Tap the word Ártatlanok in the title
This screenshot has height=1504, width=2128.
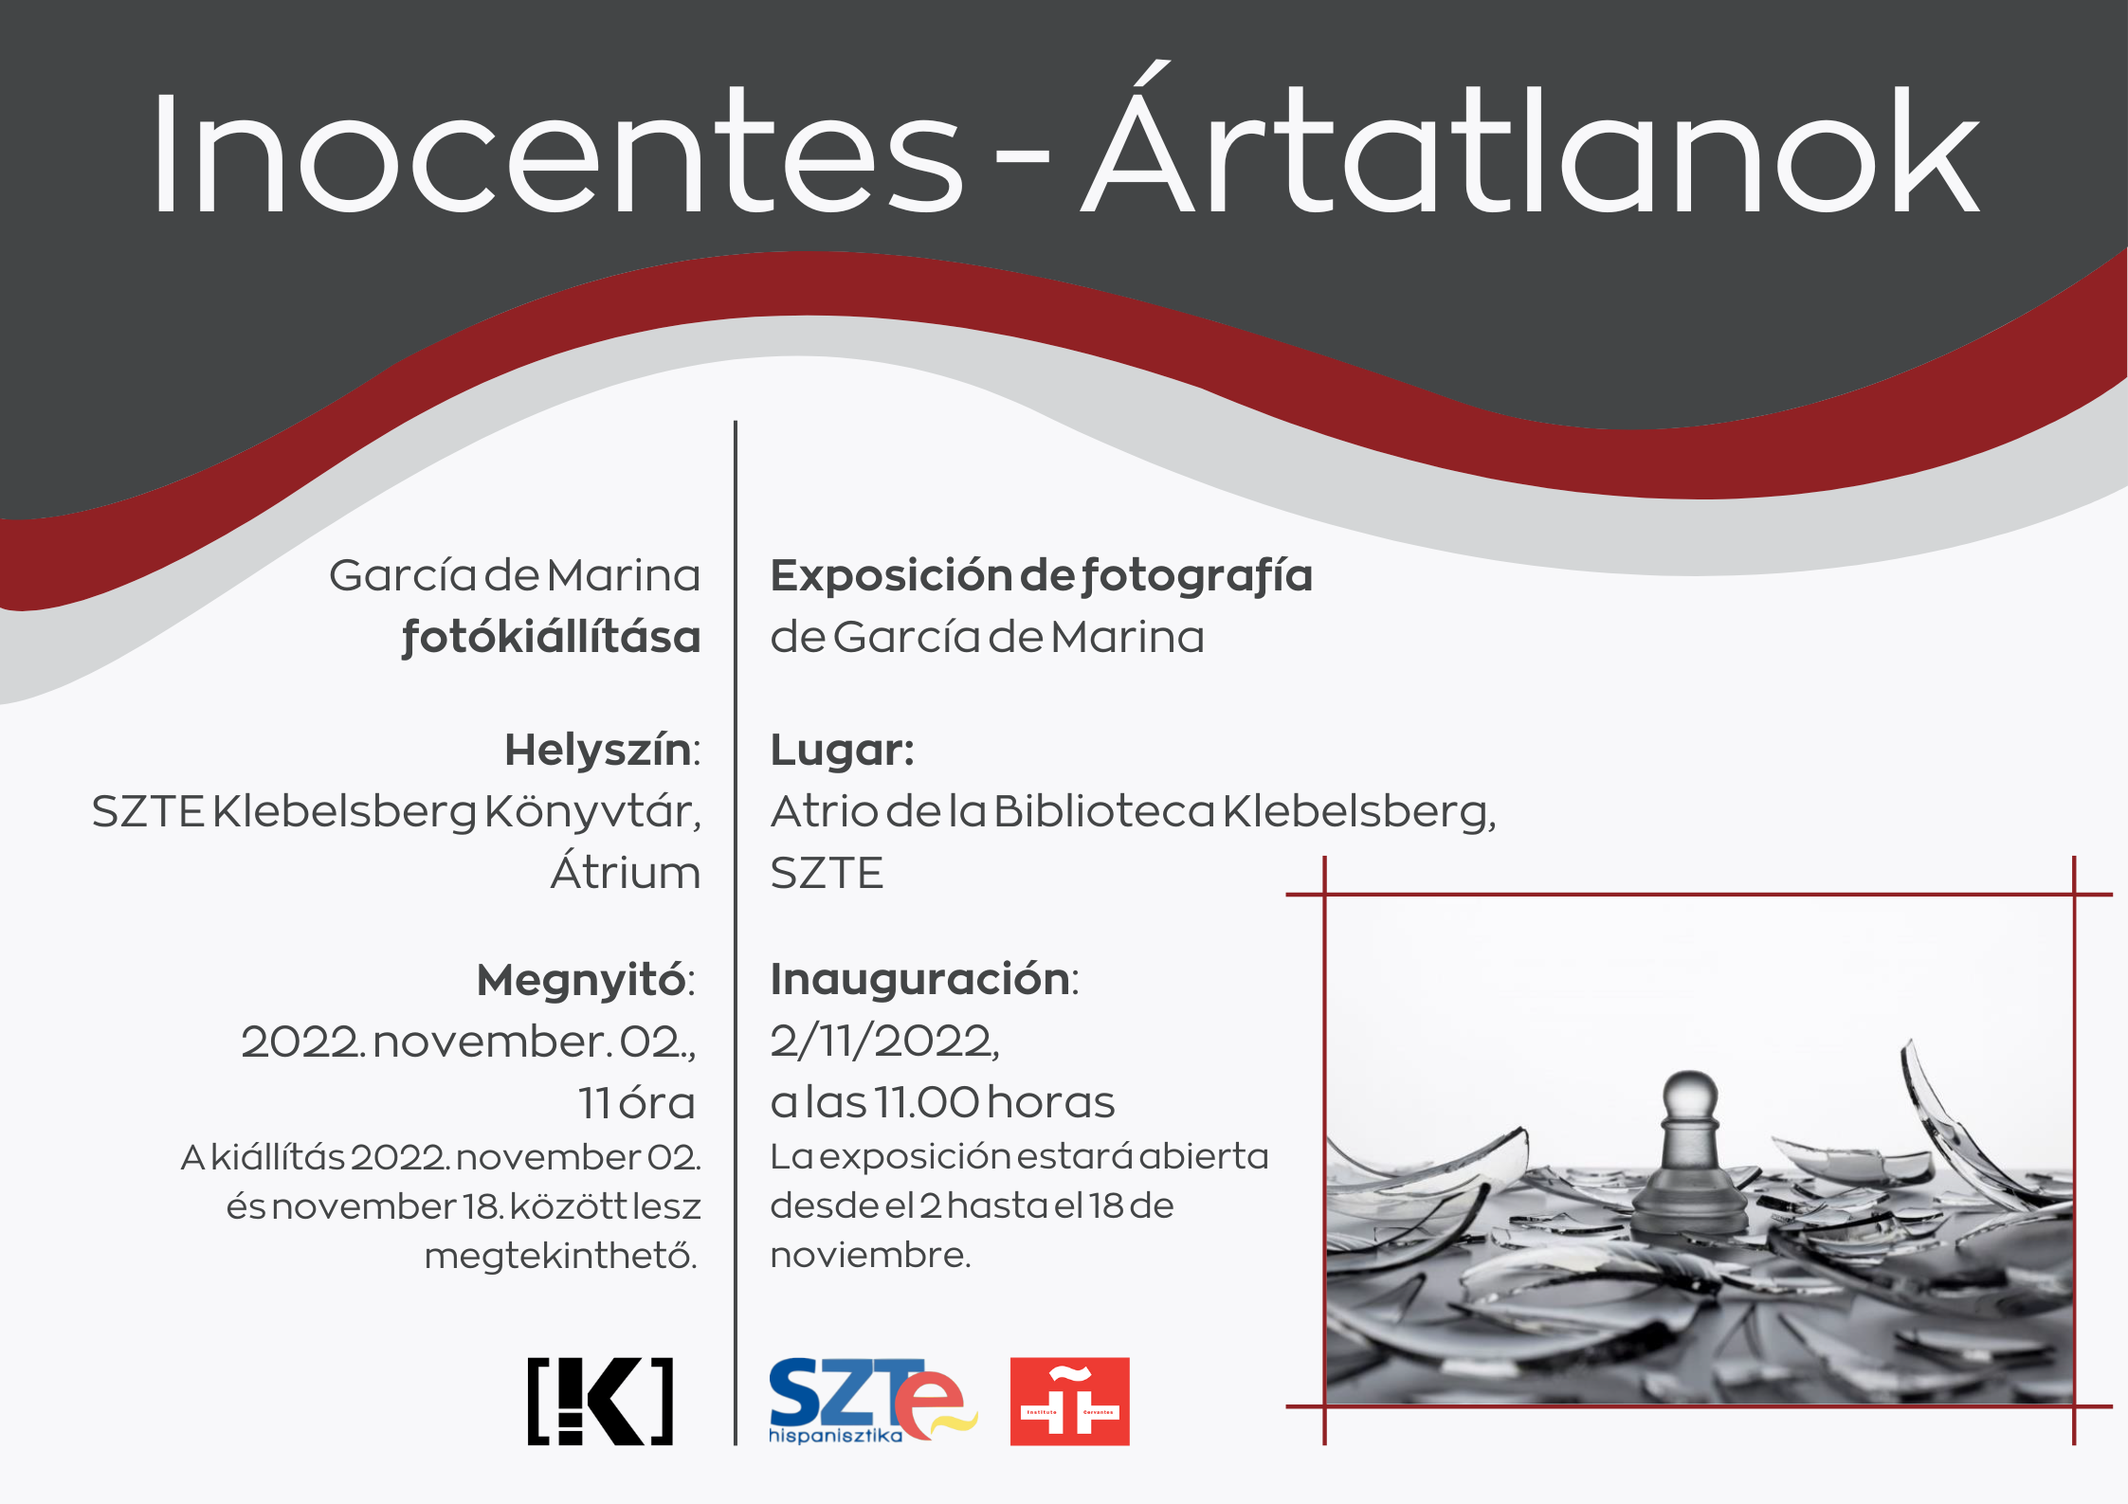[1530, 137]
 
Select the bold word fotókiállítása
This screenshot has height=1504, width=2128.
[551, 636]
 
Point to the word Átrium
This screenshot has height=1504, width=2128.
[626, 870]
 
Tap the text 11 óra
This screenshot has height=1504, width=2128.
[637, 1102]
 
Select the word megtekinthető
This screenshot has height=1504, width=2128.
[561, 1256]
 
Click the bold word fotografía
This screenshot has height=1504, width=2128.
[1196, 576]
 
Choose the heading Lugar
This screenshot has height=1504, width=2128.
[842, 751]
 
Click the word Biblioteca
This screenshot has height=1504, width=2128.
[1103, 811]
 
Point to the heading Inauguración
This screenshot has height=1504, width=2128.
[924, 979]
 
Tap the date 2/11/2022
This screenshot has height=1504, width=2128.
[884, 1042]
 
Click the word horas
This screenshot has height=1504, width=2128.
[1050, 1102]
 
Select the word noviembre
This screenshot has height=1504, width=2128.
[870, 1255]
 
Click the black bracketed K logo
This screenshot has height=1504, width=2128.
[600, 1401]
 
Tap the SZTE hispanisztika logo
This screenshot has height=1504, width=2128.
[872, 1401]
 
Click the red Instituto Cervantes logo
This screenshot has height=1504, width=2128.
[1069, 1401]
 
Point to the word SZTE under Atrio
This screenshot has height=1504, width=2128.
[827, 872]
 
